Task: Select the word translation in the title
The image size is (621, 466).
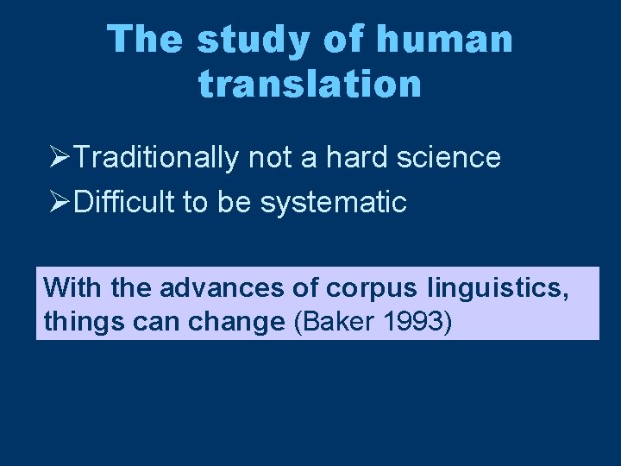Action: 310,85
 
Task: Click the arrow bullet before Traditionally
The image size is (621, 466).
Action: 60,158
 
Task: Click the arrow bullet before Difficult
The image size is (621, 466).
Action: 60,203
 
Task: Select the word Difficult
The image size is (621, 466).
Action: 126,203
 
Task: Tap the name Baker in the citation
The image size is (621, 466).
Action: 337,322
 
